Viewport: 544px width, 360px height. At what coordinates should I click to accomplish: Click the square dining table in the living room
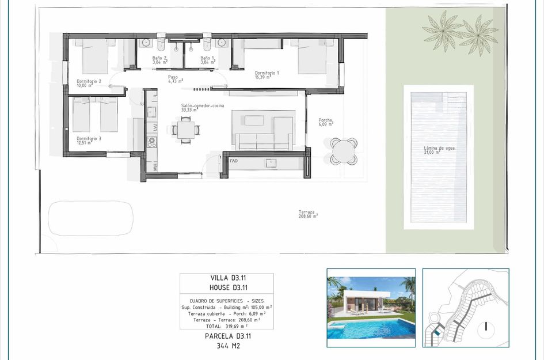click(185, 130)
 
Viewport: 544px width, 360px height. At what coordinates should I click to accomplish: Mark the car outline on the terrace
click(90, 218)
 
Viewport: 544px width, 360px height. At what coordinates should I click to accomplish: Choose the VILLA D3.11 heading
click(226, 278)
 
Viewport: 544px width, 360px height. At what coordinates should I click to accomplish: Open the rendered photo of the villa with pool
click(371, 308)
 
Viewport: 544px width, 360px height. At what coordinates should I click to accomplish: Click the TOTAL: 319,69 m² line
click(226, 325)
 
